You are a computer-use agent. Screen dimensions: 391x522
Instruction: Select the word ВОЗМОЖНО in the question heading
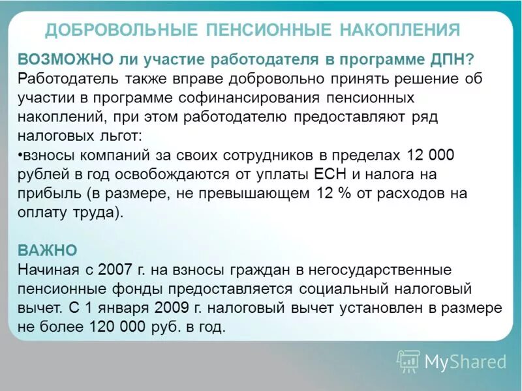point(65,59)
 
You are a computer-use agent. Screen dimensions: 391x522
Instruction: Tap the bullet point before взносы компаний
point(20,156)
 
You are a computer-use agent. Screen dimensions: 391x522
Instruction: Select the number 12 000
point(430,155)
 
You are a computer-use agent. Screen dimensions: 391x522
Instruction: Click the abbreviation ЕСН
point(329,175)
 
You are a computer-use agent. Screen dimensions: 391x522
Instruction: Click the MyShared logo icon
point(408,360)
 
